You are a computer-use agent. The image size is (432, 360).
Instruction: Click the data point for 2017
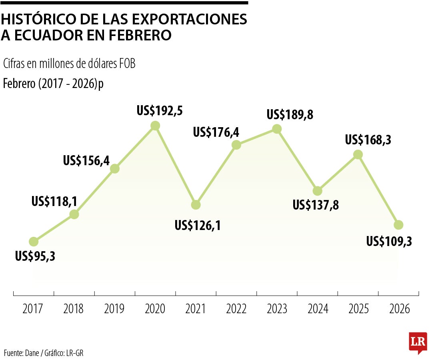(34, 242)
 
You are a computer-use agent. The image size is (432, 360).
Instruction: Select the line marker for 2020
(155, 126)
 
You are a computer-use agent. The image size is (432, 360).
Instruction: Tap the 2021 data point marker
(196, 205)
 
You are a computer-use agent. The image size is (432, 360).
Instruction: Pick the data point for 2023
(277, 129)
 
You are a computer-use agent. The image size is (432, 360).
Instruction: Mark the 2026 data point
(398, 225)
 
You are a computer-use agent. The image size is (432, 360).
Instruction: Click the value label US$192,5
(160, 110)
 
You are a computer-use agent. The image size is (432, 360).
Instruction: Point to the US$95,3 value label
(35, 256)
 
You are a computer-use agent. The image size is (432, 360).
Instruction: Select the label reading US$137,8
(316, 205)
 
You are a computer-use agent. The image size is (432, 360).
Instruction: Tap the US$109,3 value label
(389, 241)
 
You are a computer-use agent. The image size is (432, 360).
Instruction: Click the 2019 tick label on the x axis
(114, 309)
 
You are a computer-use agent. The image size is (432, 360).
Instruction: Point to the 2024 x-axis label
(318, 309)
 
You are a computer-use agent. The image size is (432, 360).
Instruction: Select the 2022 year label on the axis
(236, 309)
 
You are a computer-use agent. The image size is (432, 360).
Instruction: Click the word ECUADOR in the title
(47, 35)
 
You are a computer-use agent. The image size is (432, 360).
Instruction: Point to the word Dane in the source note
(32, 353)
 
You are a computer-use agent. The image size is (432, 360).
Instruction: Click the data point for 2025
(358, 154)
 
